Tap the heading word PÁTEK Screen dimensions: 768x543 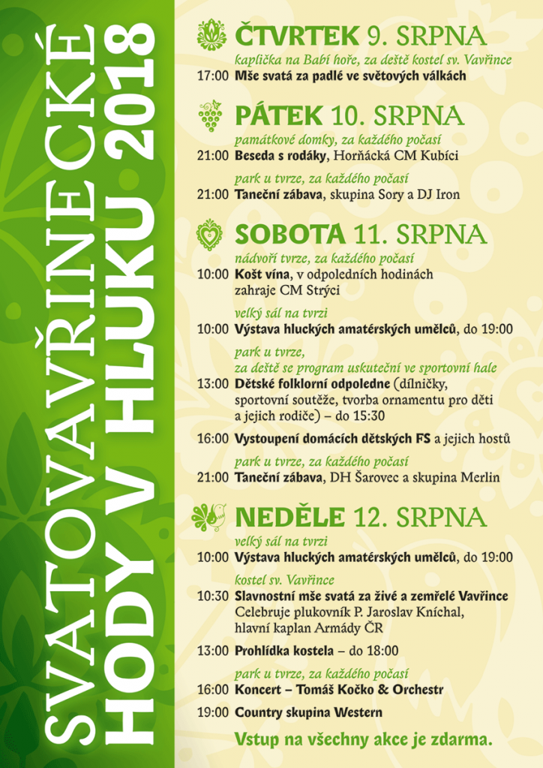point(278,115)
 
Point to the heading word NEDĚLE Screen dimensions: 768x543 point(289,517)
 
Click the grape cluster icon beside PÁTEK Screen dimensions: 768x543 point(211,116)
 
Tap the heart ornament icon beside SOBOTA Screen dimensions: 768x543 point(210,234)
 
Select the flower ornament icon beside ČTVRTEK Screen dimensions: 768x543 point(211,35)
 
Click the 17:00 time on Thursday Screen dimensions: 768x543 point(212,76)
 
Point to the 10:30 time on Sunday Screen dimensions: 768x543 point(212,596)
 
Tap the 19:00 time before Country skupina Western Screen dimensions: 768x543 point(212,712)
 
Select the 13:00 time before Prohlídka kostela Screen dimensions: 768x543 point(212,651)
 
